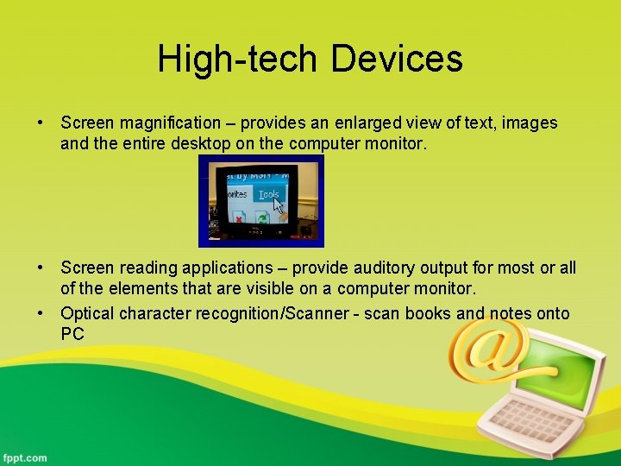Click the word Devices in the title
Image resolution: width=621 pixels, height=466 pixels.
[397, 60]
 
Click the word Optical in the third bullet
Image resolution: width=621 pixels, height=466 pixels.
[88, 313]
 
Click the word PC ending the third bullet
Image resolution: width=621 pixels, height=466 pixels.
[72, 334]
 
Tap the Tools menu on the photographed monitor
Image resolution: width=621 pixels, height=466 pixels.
[269, 194]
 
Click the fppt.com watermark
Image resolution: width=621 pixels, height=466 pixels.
[26, 457]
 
